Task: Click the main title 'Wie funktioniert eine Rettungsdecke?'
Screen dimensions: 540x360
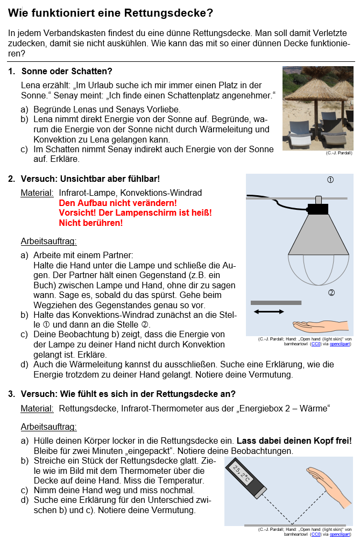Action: pyautogui.click(x=111, y=12)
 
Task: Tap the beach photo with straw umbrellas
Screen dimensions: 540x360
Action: pyautogui.click(x=317, y=108)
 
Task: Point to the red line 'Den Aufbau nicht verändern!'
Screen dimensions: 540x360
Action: pyautogui.click(x=117, y=203)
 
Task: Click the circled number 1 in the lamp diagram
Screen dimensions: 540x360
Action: pyautogui.click(x=330, y=180)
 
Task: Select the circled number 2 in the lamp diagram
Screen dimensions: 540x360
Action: pyautogui.click(x=331, y=293)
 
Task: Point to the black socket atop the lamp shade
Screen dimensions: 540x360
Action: pyautogui.click(x=317, y=209)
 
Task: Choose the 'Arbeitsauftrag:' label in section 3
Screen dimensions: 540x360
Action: pyautogui.click(x=48, y=427)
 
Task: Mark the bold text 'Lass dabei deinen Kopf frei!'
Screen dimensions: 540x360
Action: pyautogui.click(x=294, y=440)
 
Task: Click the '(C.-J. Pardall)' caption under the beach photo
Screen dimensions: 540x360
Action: pyautogui.click(x=338, y=153)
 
